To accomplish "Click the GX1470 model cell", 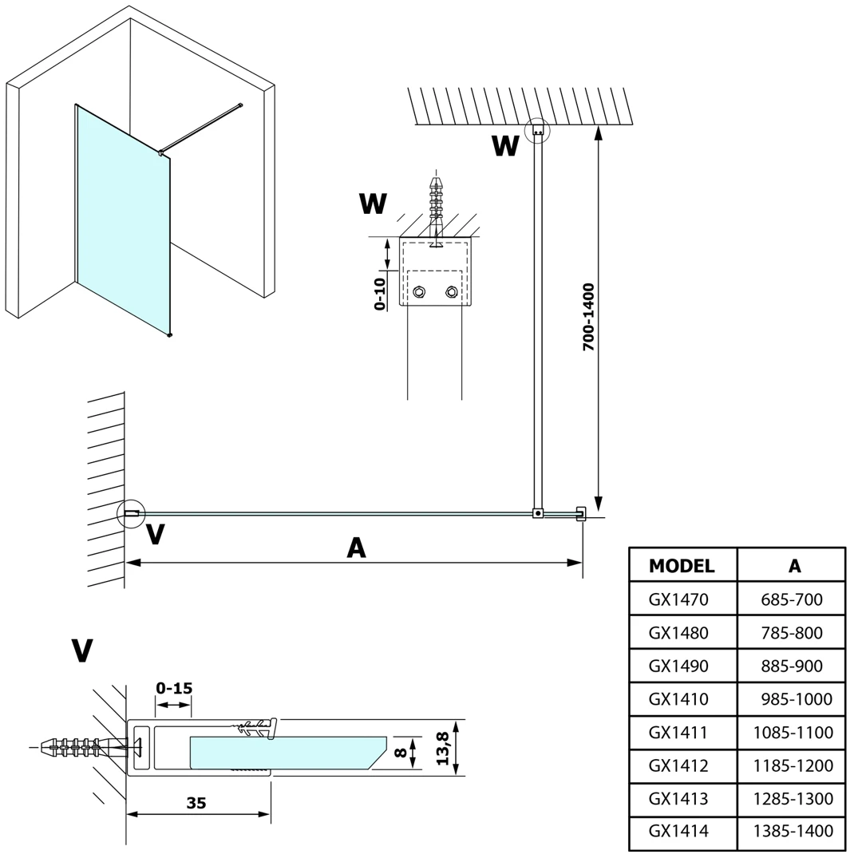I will pos(678,599).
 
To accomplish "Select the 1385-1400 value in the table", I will pos(793,832).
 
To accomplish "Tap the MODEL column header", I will pos(682,566).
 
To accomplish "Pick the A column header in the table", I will pos(794,566).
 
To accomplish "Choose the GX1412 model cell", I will pos(678,765).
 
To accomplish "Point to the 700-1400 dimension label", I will pos(588,317).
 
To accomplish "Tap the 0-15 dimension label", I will pos(174,688).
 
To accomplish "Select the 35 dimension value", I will pos(196,804).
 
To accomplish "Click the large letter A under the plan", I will pos(356,548).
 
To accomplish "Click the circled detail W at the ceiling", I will pos(537,131).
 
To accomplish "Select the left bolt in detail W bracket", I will pos(419,292).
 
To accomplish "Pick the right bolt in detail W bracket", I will pos(453,292).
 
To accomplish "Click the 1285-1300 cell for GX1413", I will pos(793,798).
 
